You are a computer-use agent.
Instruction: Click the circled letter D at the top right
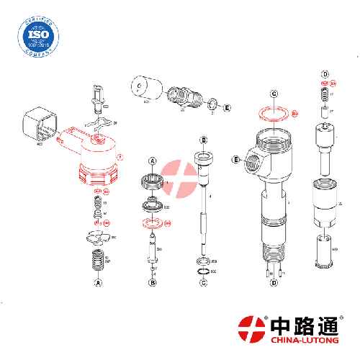(325, 75)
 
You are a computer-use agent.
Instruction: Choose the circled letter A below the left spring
(94, 284)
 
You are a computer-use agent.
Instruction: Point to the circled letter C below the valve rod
(204, 284)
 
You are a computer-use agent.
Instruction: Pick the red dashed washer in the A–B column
(152, 223)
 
